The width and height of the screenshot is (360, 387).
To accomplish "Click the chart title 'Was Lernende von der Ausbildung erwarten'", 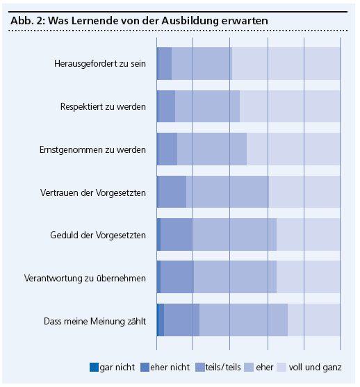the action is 158,21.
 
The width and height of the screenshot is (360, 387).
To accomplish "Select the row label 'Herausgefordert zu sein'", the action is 100,64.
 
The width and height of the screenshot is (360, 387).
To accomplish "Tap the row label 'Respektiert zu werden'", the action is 104,107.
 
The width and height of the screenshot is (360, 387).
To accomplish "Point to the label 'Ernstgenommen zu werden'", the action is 92,150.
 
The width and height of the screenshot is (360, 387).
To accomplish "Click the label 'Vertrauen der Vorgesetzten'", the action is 93,192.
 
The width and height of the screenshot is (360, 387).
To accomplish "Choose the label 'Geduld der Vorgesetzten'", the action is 98,236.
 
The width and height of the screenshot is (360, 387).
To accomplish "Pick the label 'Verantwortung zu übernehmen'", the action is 85,279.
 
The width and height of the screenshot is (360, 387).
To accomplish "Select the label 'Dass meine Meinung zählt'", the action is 95,322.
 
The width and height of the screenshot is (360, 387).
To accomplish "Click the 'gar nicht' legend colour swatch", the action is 94,367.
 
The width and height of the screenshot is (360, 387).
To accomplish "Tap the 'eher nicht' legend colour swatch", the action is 145,367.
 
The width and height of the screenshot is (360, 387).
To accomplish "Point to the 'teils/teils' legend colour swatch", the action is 200,367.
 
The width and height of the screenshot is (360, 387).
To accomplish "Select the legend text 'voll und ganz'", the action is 315,368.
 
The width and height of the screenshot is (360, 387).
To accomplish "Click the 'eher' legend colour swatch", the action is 249,367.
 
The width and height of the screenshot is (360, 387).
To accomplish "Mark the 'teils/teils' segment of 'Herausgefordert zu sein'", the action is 165,63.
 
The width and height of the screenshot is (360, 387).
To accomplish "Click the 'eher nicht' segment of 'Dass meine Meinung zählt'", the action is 161,320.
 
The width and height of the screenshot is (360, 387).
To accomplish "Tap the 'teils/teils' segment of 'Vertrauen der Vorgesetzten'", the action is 172,192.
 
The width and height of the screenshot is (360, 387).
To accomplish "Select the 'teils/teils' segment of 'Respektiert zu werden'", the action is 167,106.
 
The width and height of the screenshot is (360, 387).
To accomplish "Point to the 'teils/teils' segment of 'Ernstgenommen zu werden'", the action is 167,149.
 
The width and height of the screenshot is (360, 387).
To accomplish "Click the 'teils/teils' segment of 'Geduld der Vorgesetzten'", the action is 177,234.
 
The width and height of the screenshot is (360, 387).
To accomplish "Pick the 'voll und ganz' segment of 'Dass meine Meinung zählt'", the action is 314,320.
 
